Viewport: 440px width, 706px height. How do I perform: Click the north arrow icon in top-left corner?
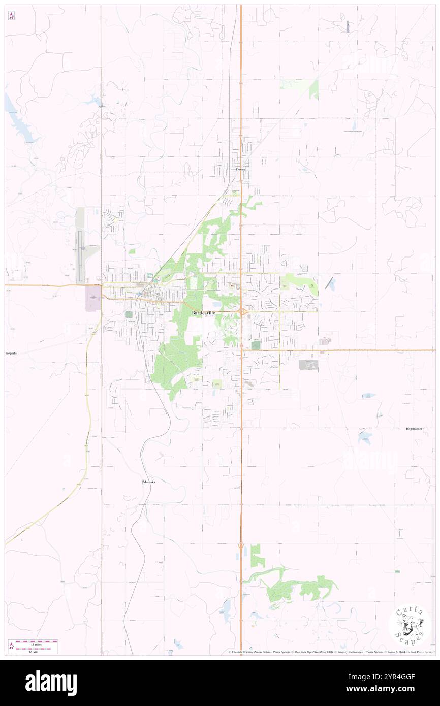[11, 16]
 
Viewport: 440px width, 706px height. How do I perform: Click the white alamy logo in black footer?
[51, 683]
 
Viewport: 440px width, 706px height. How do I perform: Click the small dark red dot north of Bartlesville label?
[232, 285]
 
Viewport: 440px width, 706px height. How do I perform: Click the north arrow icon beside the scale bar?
[11, 646]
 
